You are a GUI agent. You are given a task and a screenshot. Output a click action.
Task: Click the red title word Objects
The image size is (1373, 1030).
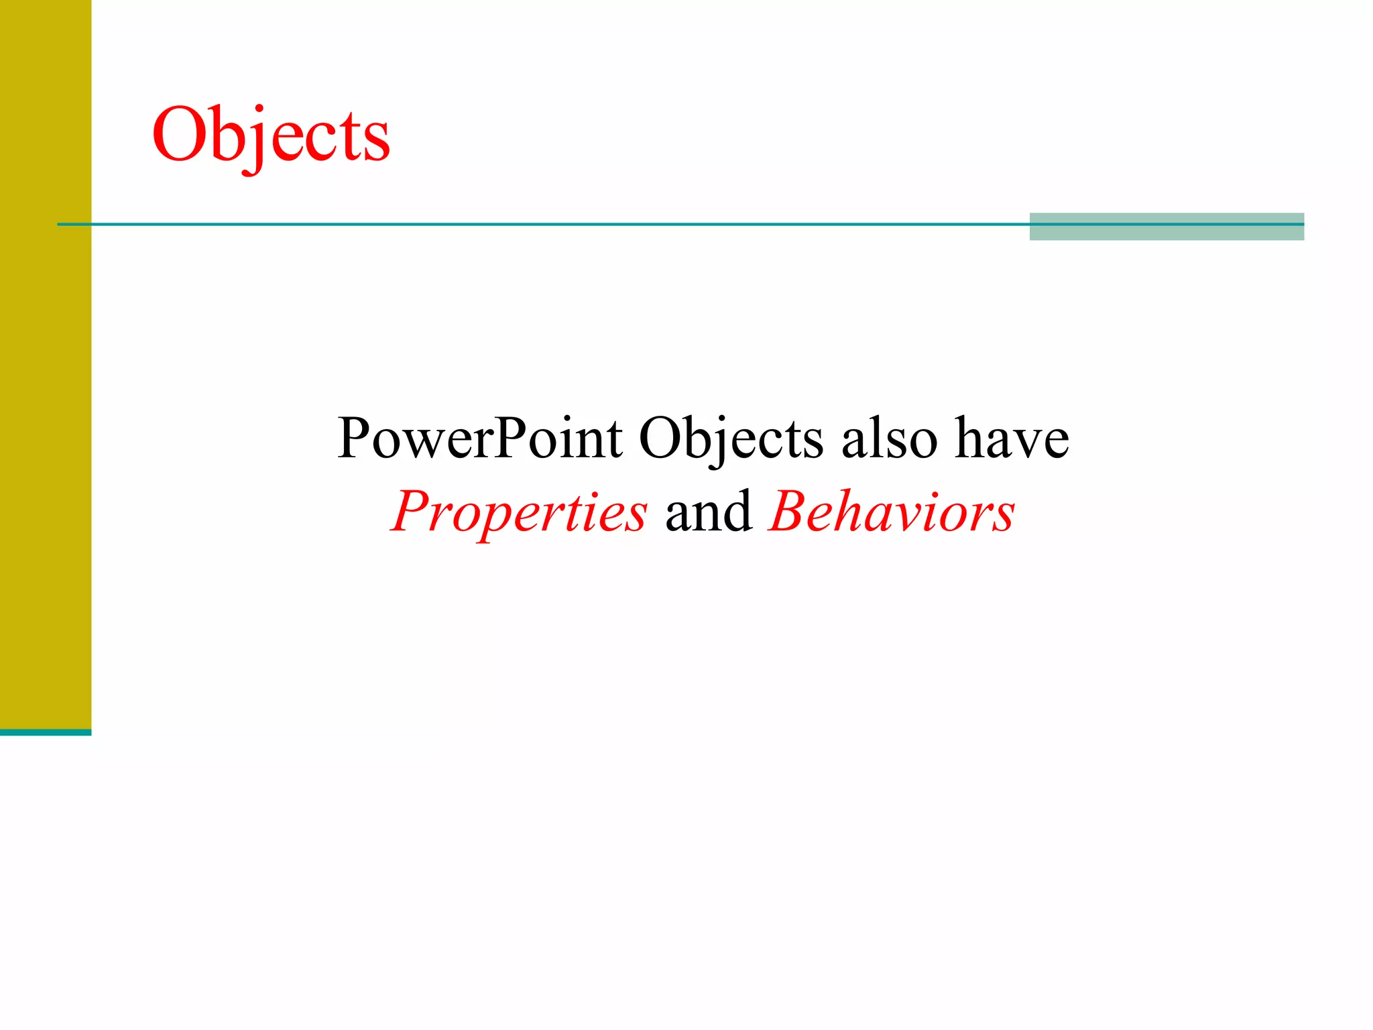(271, 136)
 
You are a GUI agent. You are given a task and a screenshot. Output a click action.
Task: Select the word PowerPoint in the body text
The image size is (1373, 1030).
(480, 439)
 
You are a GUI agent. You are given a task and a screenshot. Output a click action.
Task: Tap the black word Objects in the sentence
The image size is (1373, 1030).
(731, 439)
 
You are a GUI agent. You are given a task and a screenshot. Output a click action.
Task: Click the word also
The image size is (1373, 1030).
(890, 439)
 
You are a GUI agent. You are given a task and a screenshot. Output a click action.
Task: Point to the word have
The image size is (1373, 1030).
(1012, 439)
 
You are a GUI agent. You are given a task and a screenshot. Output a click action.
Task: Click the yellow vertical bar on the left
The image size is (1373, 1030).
(45, 362)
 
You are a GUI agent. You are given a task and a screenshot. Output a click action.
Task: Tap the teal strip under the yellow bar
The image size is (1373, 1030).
(45, 732)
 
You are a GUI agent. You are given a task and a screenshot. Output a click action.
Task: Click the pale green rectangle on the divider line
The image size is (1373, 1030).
(1167, 232)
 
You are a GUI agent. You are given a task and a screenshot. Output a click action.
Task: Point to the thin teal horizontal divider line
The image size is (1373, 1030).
(536, 224)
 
